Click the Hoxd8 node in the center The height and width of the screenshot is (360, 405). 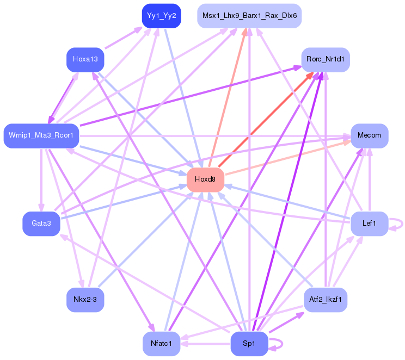(205, 179)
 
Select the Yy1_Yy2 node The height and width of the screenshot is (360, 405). (161, 16)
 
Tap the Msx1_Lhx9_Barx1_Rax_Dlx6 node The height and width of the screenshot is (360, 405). (249, 16)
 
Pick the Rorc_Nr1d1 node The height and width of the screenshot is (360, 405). (326, 59)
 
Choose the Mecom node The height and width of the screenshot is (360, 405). (369, 135)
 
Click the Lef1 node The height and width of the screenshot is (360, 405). (369, 224)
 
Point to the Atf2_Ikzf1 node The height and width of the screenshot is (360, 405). (326, 300)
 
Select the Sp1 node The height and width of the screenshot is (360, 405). (249, 344)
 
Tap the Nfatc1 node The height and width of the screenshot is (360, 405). (161, 344)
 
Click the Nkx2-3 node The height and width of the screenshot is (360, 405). (85, 300)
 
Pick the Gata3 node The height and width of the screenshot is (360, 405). (41, 224)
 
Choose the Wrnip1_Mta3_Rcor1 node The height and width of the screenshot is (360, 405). (41, 135)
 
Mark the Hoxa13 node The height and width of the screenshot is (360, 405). (85, 59)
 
